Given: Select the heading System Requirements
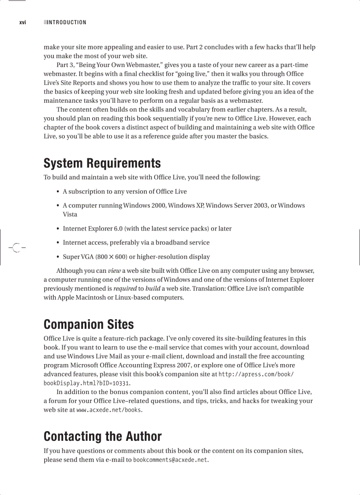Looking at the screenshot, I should coord(102,164).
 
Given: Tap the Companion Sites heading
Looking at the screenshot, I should coord(89,325).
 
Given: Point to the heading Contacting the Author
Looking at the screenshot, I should coord(102,437).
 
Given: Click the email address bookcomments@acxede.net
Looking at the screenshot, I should coord(170,460).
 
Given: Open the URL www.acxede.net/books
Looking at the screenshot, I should coord(109,410).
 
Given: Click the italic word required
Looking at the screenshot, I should coord(125,288).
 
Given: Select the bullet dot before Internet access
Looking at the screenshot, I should coord(58,243).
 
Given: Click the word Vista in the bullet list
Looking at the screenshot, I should coord(70,215).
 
